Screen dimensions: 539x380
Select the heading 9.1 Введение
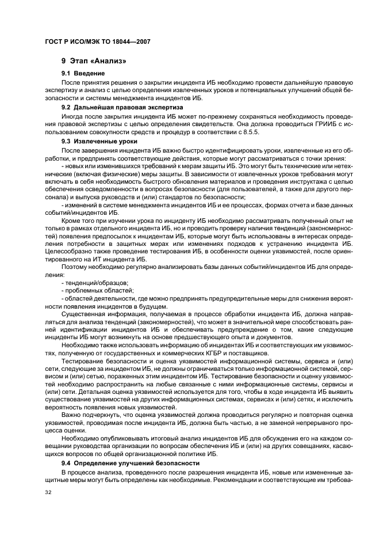coord(83,74)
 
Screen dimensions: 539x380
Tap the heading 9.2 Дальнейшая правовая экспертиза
coord(122,107)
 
